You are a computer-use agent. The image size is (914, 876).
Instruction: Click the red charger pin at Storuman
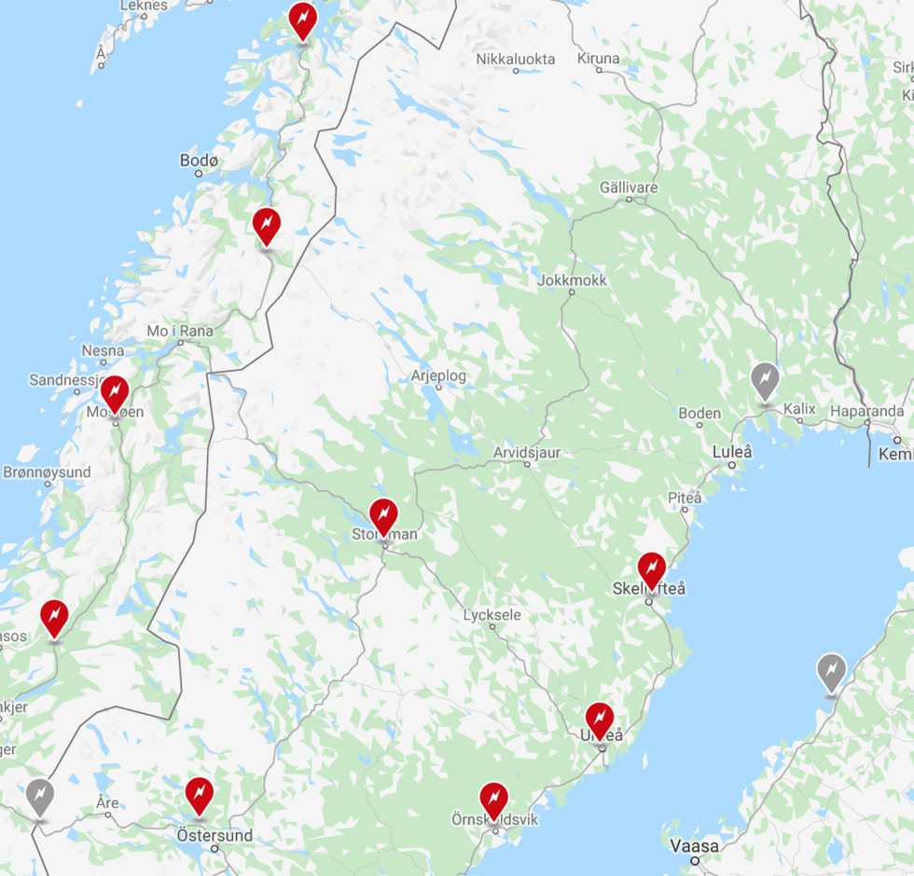click(x=383, y=515)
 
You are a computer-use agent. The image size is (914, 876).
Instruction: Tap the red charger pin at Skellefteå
click(x=652, y=568)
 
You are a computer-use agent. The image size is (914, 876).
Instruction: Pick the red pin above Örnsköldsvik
click(x=493, y=799)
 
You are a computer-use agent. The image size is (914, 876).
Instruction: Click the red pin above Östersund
click(x=199, y=794)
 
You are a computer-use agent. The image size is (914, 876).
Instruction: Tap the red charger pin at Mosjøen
click(x=115, y=392)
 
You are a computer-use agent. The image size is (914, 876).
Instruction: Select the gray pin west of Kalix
click(x=765, y=379)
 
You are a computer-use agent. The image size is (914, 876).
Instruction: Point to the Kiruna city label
click(x=598, y=59)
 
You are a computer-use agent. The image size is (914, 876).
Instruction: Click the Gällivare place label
click(x=630, y=187)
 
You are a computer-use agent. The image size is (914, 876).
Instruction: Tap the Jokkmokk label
click(x=573, y=280)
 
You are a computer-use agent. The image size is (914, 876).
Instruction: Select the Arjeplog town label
click(x=438, y=376)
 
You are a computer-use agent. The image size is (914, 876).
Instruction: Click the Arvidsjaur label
click(x=527, y=452)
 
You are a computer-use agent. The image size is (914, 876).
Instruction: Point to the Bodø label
click(x=199, y=161)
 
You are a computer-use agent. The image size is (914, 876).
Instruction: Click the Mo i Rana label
click(x=180, y=331)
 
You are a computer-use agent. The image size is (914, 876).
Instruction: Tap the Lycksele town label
click(x=492, y=615)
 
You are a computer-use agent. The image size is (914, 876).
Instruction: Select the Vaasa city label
click(x=695, y=846)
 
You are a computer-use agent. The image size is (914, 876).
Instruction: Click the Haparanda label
click(x=866, y=411)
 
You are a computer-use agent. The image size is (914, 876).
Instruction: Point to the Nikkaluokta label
click(x=515, y=59)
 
